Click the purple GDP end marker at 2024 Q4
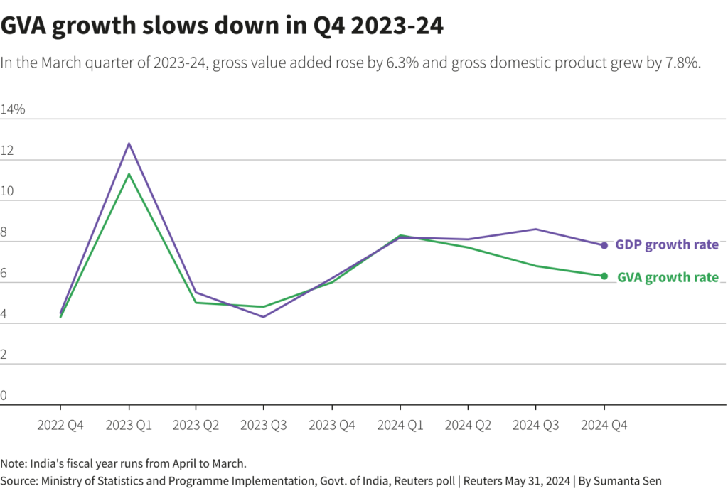tap(604, 245)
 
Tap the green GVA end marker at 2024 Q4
tap(604, 276)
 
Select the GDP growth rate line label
tap(666, 245)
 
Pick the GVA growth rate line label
tap(668, 278)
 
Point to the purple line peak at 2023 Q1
tap(129, 144)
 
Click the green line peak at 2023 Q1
tap(129, 174)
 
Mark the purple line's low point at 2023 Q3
tap(264, 316)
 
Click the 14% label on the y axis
tap(13, 109)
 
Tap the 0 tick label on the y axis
tap(4, 395)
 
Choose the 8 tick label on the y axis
tap(4, 232)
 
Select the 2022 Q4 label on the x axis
tap(60, 425)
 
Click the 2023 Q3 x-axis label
tap(264, 425)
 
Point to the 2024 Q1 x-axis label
tap(400, 425)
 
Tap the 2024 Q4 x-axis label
tap(604, 425)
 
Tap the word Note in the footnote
tap(12, 463)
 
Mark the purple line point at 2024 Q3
tap(536, 229)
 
